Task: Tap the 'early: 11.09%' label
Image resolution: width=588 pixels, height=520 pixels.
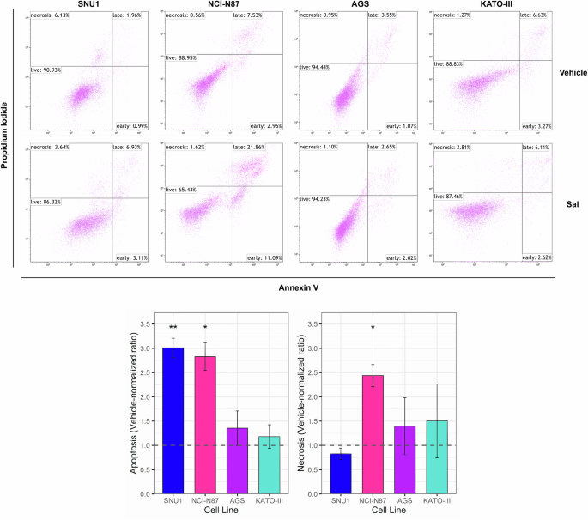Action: coord(255,257)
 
